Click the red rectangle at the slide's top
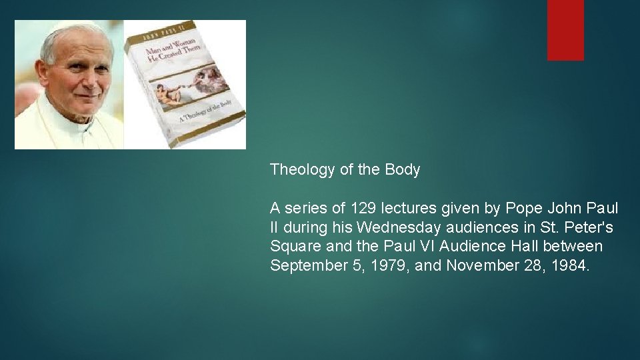[565, 30]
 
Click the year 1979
[392, 265]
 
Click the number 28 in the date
[538, 265]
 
